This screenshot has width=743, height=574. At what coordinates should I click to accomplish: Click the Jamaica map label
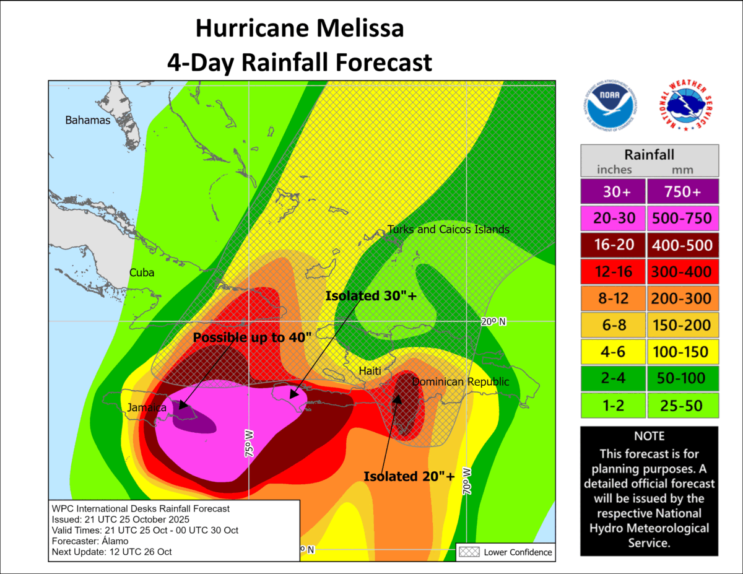click(147, 407)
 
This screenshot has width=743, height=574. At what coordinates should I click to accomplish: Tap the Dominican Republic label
click(460, 382)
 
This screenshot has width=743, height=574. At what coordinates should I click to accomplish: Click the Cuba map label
click(142, 272)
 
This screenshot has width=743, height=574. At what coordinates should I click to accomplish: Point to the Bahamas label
click(87, 120)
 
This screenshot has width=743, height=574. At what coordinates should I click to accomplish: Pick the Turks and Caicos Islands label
click(448, 230)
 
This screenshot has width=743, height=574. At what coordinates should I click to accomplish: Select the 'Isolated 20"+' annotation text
click(409, 476)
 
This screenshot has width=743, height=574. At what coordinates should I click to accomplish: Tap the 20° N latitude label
click(493, 322)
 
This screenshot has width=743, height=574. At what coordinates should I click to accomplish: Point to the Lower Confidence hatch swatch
click(469, 552)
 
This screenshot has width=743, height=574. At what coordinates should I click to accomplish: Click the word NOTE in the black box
click(649, 436)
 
